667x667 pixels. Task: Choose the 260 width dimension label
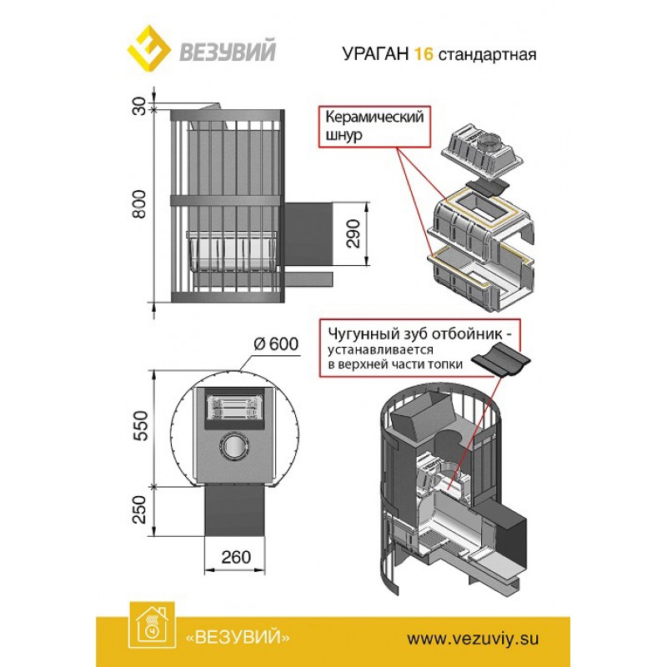click(x=238, y=557)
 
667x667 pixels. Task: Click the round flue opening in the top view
click(x=236, y=447)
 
